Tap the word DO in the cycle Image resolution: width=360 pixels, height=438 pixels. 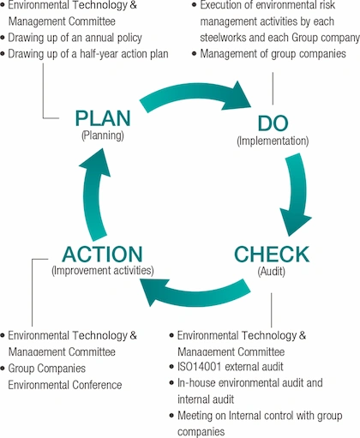click(272, 123)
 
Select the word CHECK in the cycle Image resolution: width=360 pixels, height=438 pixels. click(271, 255)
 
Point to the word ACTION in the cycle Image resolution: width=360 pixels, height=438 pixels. click(101, 255)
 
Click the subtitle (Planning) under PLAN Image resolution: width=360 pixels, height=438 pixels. click(102, 136)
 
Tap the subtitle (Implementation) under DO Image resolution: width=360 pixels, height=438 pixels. click(272, 140)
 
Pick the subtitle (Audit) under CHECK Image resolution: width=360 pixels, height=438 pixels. click(271, 271)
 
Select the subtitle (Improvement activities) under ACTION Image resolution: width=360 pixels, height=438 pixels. click(102, 271)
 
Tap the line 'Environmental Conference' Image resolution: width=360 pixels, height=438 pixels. click(65, 385)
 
